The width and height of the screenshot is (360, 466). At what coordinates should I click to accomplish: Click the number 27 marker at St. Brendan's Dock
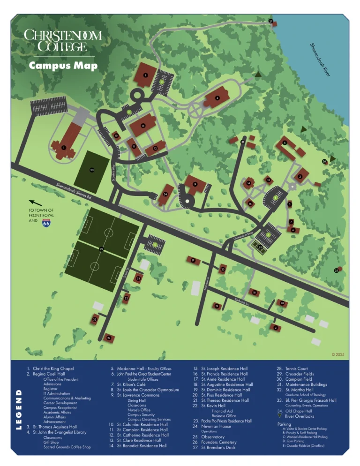pos(270,22)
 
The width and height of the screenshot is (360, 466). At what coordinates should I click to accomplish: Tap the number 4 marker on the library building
pos(217,98)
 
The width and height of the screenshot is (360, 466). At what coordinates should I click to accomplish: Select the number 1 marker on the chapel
pos(63,147)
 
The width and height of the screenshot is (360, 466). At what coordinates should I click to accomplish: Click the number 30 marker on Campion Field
pos(92,170)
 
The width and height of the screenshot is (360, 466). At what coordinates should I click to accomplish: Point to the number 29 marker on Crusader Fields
pos(101,249)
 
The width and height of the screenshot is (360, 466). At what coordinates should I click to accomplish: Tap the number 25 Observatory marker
pos(337,270)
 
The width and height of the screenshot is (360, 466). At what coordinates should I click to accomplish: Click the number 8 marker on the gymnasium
pos(146,75)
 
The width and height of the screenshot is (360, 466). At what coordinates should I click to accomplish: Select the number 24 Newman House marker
pos(109,338)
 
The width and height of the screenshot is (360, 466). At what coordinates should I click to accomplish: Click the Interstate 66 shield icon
pos(46,223)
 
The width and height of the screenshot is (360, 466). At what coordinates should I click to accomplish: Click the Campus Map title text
pos(63,66)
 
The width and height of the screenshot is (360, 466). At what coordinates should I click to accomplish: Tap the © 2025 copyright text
pos(337,354)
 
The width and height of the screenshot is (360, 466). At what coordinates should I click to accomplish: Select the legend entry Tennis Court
pos(297,369)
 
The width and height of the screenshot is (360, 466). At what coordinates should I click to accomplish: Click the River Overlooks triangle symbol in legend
pos(280,416)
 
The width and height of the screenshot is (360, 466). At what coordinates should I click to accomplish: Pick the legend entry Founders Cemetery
pos(218,442)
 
